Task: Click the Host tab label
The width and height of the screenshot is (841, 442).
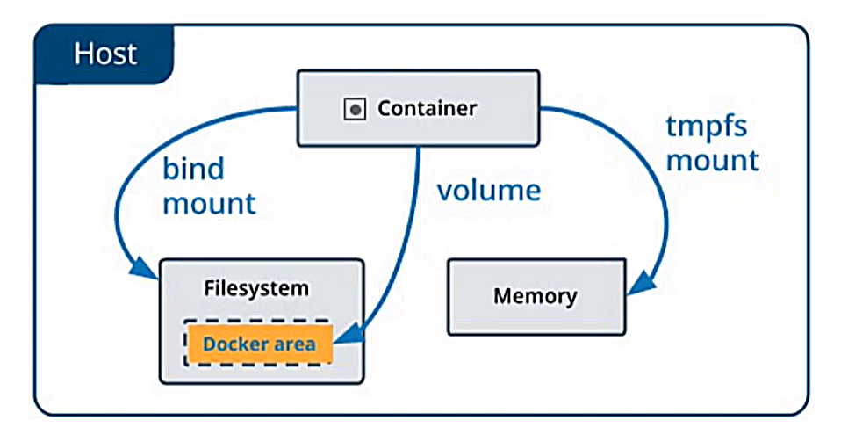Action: pyautogui.click(x=104, y=54)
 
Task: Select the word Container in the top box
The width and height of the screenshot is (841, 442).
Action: pyautogui.click(x=427, y=109)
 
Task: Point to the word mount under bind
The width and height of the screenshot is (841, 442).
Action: pyautogui.click(x=209, y=203)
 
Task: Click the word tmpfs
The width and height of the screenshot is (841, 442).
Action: pyautogui.click(x=706, y=126)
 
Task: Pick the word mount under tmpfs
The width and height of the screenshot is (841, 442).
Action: pyautogui.click(x=712, y=160)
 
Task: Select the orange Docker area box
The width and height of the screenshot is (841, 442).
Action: pyautogui.click(x=259, y=343)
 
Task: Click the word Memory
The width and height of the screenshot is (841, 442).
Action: pyautogui.click(x=535, y=295)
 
